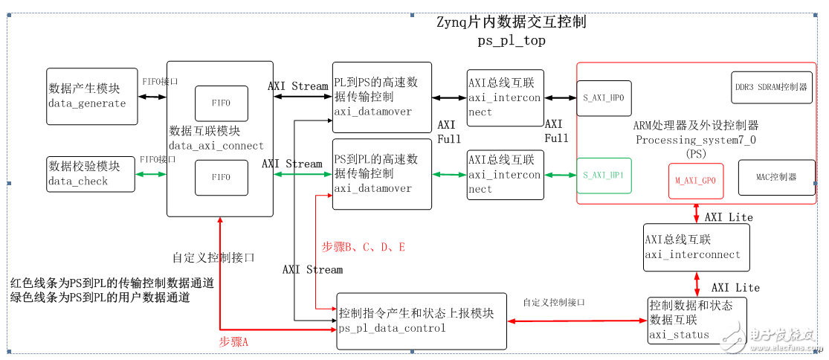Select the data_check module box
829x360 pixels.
pyautogui.click(x=90, y=173)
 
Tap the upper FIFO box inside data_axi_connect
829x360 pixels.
pyautogui.click(x=221, y=103)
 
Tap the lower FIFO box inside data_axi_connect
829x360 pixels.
pyautogui.click(x=221, y=178)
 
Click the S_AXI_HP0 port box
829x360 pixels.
pyautogui.click(x=604, y=98)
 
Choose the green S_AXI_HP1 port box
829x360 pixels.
pyautogui.click(x=604, y=176)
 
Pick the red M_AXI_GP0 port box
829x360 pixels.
pyautogui.click(x=696, y=181)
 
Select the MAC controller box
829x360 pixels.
pyautogui.click(x=775, y=177)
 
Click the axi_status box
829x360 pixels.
pyautogui.click(x=697, y=321)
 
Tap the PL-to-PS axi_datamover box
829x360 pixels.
pyautogui.click(x=382, y=97)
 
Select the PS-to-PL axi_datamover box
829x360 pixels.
pyautogui.click(x=382, y=174)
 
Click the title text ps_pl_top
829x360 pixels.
pyautogui.click(x=512, y=41)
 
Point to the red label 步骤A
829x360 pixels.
pyautogui.click(x=233, y=341)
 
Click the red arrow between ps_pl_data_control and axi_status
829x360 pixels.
pyautogui.click(x=577, y=321)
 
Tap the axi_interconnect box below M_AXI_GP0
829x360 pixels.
pyautogui.click(x=696, y=247)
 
